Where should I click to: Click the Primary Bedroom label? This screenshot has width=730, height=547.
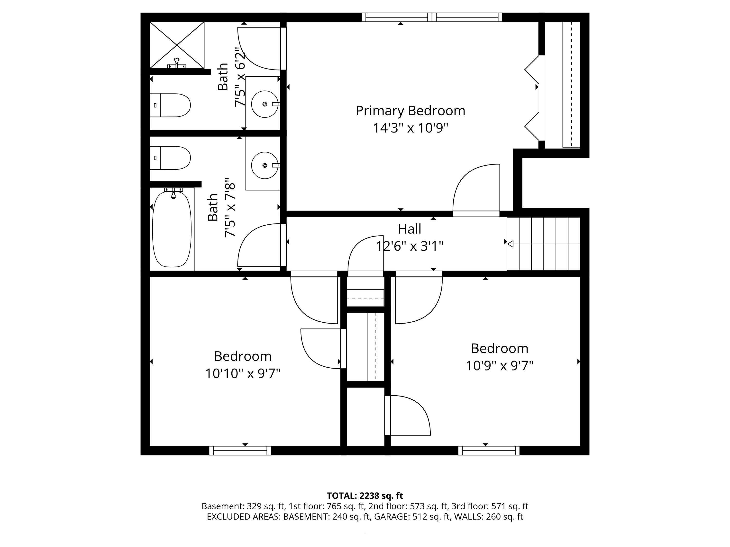pyautogui.click(x=410, y=111)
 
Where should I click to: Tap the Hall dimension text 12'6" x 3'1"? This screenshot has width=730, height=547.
pyautogui.click(x=410, y=246)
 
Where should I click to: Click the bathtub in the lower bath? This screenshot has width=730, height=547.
pyautogui.click(x=172, y=229)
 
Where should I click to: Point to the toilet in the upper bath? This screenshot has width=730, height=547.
pyautogui.click(x=170, y=105)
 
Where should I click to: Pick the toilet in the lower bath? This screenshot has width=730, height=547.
pyautogui.click(x=170, y=158)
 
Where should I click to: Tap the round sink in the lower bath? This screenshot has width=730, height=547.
pyautogui.click(x=265, y=165)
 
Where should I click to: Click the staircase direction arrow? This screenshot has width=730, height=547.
pyautogui.click(x=544, y=244)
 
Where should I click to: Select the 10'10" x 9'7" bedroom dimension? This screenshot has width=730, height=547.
pyautogui.click(x=243, y=374)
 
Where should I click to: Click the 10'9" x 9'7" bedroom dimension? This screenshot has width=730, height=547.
pyautogui.click(x=500, y=366)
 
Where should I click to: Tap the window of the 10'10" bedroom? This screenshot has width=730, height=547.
pyautogui.click(x=240, y=450)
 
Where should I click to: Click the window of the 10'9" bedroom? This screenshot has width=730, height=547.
pyautogui.click(x=489, y=450)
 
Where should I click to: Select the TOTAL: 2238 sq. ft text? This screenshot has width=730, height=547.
pyautogui.click(x=365, y=495)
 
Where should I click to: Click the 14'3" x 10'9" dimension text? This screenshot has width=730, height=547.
pyautogui.click(x=410, y=128)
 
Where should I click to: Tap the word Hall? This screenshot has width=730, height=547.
pyautogui.click(x=410, y=229)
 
